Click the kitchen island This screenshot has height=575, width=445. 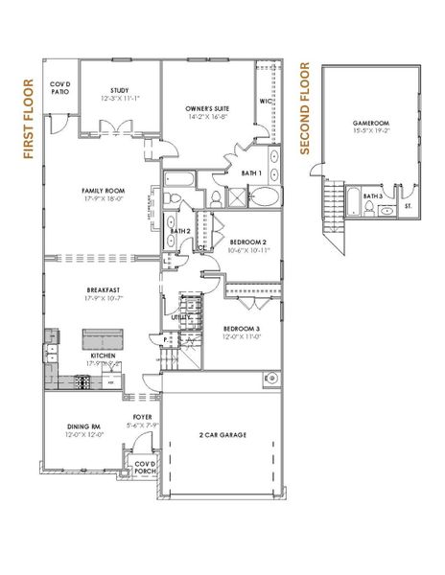click(x=102, y=339)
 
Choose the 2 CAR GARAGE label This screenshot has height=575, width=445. click(x=223, y=435)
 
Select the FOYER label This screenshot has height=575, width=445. click(x=145, y=417)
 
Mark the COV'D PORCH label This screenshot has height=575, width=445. click(x=145, y=466)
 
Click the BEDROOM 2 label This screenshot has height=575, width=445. click(x=246, y=242)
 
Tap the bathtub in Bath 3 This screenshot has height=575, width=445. click(x=353, y=202)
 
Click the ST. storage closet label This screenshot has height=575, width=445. click(x=409, y=204)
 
